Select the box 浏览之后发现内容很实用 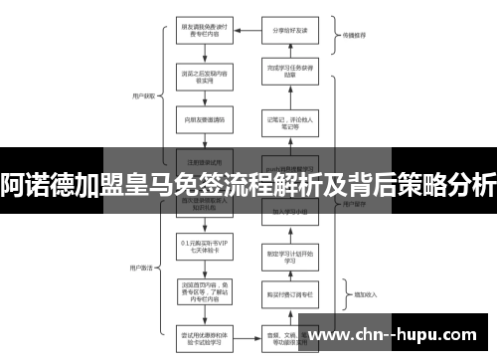pos(203,76)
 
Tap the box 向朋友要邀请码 pos(203,119)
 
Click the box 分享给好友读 pos(289,30)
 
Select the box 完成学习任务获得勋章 pos(289,72)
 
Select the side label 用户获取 pos(141,97)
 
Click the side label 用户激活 pos(141,240)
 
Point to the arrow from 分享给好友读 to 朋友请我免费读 pos(246,30)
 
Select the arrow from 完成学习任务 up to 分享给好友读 pos(289,50)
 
